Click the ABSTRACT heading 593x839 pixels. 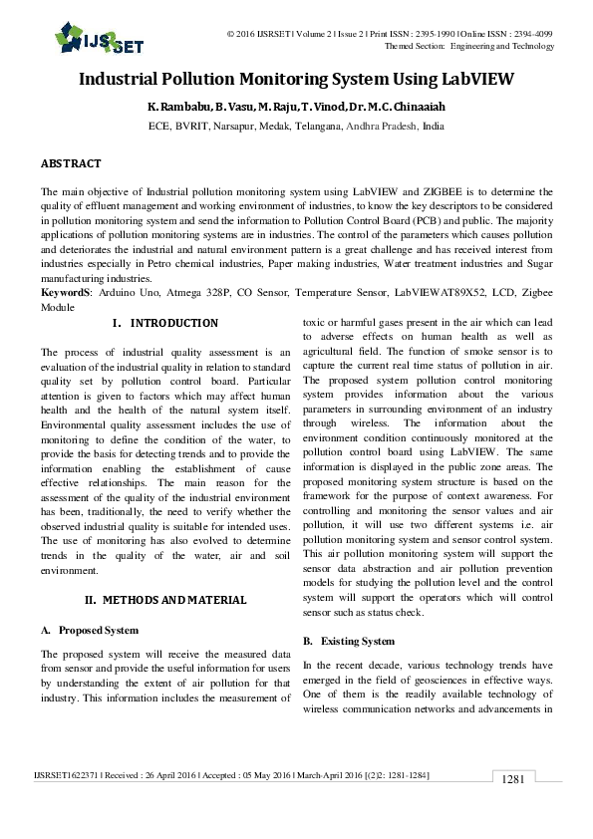(x=70, y=162)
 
